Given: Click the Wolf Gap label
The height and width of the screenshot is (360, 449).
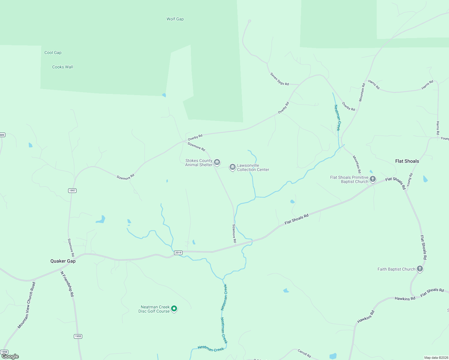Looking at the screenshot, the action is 175,19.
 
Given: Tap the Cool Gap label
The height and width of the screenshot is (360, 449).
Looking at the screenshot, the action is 53,52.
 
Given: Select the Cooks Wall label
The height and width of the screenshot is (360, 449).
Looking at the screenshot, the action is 62,67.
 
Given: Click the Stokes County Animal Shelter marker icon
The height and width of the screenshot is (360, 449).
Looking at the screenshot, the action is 217,162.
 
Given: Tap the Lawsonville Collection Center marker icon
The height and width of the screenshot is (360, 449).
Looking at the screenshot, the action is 232,167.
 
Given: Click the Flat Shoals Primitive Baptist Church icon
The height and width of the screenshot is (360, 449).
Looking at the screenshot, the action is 372,179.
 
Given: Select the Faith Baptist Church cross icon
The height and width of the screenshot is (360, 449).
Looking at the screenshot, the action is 420,269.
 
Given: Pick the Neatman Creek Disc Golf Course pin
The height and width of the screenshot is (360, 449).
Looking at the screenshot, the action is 174,308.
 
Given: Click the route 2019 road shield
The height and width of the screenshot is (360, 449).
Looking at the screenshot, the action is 178,253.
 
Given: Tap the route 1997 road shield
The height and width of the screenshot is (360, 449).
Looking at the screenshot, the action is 72,190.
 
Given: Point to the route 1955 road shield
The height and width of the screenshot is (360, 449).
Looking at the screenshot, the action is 78,336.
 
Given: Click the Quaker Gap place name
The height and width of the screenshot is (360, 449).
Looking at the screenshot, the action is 63,261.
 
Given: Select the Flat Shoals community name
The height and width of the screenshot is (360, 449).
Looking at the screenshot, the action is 407,161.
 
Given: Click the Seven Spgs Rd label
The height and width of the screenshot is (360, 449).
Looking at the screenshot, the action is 279,79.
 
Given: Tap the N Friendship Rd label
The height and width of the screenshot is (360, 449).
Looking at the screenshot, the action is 67,284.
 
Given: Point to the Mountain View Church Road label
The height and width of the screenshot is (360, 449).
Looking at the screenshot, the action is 26,305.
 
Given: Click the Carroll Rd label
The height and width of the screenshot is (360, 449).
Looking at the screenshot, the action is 304,353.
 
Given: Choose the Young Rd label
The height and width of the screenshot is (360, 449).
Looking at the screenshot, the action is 409,179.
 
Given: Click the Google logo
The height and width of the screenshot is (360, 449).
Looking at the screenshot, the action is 10,356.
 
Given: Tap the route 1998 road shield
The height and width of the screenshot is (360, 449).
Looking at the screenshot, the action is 4,352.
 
